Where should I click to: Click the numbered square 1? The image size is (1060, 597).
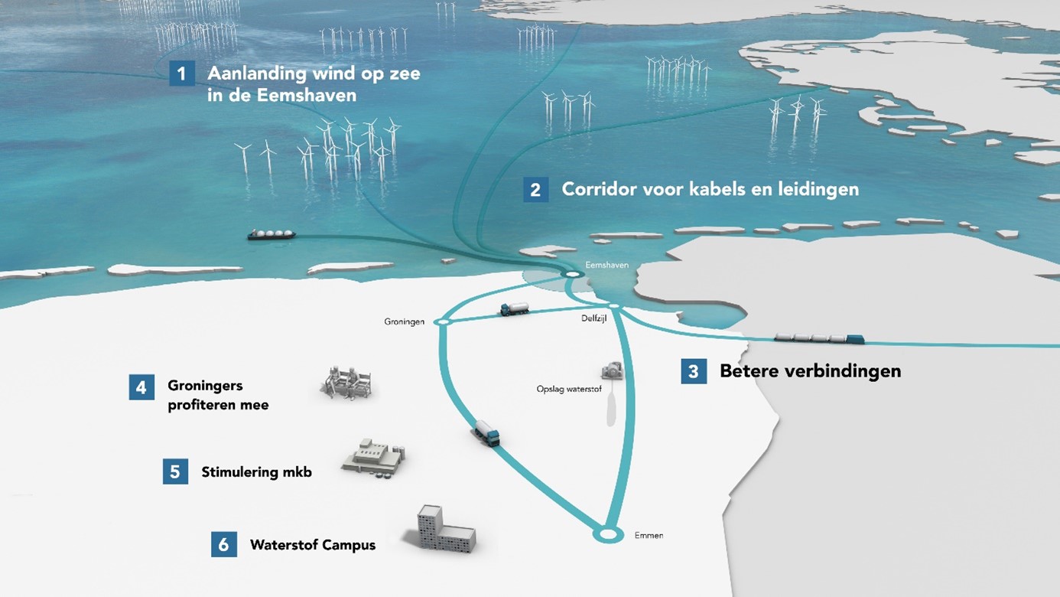[182, 73]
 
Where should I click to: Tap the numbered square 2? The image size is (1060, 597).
[535, 189]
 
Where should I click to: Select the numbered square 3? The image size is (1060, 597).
[694, 371]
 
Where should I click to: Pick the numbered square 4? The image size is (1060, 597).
[141, 387]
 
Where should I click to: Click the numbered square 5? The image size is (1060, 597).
[175, 471]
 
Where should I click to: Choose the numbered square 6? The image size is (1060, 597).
[224, 544]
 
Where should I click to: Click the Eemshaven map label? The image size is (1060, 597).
[606, 265]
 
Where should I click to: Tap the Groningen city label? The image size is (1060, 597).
[404, 322]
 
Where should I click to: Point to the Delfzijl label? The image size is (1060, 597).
[594, 318]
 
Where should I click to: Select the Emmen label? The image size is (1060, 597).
[649, 536]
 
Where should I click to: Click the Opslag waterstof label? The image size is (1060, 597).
[569, 389]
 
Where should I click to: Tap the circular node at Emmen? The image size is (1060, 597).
[608, 534]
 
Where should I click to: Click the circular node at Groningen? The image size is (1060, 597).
[443, 322]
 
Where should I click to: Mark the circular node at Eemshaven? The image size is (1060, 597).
[572, 274]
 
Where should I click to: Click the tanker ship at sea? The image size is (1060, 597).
[272, 234]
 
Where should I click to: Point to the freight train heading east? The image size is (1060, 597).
[819, 338]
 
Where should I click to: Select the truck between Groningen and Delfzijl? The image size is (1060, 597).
[515, 308]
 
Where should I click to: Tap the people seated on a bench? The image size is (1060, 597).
[348, 383]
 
